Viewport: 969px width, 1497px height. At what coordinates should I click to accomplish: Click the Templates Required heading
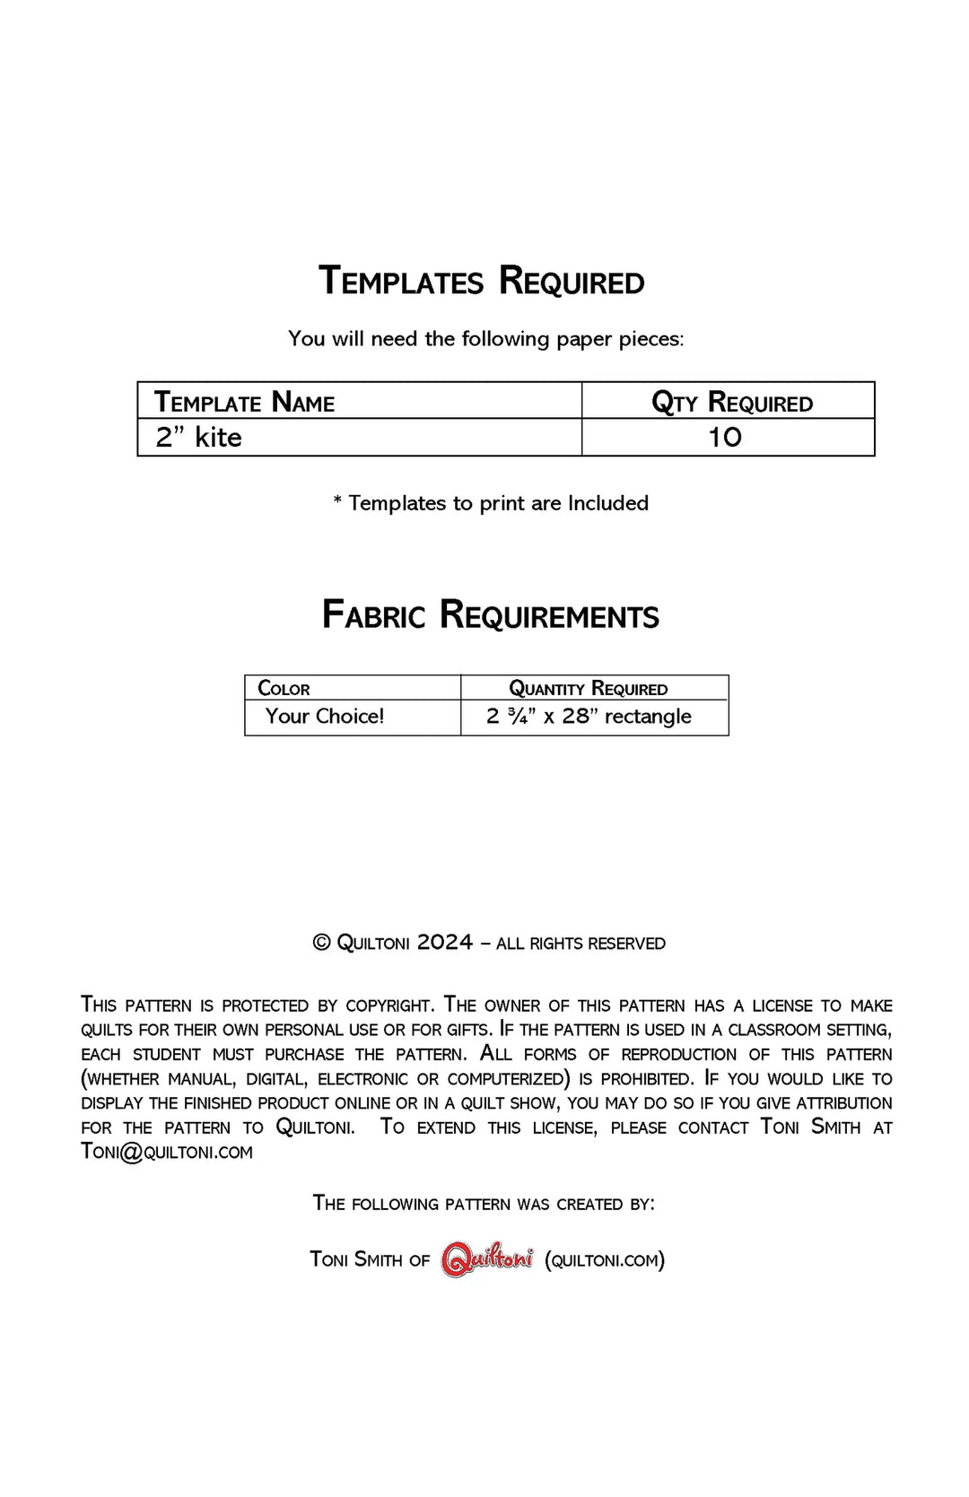tap(482, 281)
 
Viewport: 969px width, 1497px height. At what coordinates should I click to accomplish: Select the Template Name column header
tap(244, 402)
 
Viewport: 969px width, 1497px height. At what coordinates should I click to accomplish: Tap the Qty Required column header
tap(731, 403)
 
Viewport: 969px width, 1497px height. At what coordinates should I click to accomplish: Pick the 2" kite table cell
tap(198, 438)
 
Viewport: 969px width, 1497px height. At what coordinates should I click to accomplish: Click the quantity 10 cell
tap(725, 438)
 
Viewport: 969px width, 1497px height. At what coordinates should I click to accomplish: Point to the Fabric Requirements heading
tap(490, 615)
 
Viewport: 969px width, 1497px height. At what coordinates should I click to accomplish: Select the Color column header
tap(284, 689)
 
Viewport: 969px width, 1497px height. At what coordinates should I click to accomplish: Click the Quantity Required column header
tap(588, 689)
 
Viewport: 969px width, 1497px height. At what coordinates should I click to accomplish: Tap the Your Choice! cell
tap(325, 717)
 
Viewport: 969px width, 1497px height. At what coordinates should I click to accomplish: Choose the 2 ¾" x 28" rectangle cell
tap(589, 717)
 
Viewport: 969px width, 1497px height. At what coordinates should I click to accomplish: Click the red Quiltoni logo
tap(487, 1260)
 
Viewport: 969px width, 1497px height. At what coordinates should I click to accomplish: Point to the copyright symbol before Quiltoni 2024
tap(321, 943)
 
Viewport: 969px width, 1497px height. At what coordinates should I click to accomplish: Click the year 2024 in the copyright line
tap(444, 943)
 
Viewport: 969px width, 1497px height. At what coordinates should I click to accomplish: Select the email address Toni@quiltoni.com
tap(167, 1152)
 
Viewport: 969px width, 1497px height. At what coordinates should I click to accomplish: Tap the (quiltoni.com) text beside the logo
tap(605, 1260)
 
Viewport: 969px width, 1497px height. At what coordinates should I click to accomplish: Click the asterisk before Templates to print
tap(337, 502)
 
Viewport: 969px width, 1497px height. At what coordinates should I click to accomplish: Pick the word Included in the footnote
tap(607, 503)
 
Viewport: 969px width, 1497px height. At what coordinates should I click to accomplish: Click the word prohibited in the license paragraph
tap(646, 1079)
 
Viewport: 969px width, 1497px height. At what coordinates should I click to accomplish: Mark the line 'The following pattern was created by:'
tap(484, 1204)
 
